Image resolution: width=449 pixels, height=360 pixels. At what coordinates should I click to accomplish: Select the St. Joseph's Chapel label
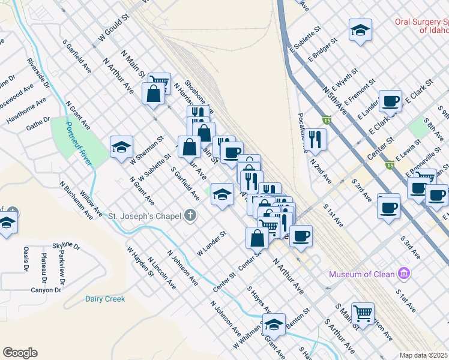pyautogui.click(x=145, y=215)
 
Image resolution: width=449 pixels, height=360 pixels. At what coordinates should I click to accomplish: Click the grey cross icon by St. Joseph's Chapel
pyautogui.click(x=190, y=215)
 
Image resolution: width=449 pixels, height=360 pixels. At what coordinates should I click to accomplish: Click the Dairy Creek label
pyautogui.click(x=105, y=299)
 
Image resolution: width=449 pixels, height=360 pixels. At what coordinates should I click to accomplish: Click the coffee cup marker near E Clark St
pyautogui.click(x=390, y=101)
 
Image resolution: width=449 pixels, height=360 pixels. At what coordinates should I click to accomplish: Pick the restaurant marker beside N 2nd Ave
pyautogui.click(x=315, y=139)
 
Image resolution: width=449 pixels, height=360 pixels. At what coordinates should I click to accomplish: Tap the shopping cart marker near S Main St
pyautogui.click(x=363, y=312)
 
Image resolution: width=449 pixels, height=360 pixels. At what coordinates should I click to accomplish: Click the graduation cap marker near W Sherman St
pyautogui.click(x=121, y=147)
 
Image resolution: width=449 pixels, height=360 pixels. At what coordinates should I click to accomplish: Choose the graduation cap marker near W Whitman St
pyautogui.click(x=274, y=325)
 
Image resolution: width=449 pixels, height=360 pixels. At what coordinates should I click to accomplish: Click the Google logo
pyautogui.click(x=20, y=353)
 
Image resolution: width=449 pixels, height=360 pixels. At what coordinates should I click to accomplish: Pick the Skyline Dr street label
pyautogui.click(x=66, y=246)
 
